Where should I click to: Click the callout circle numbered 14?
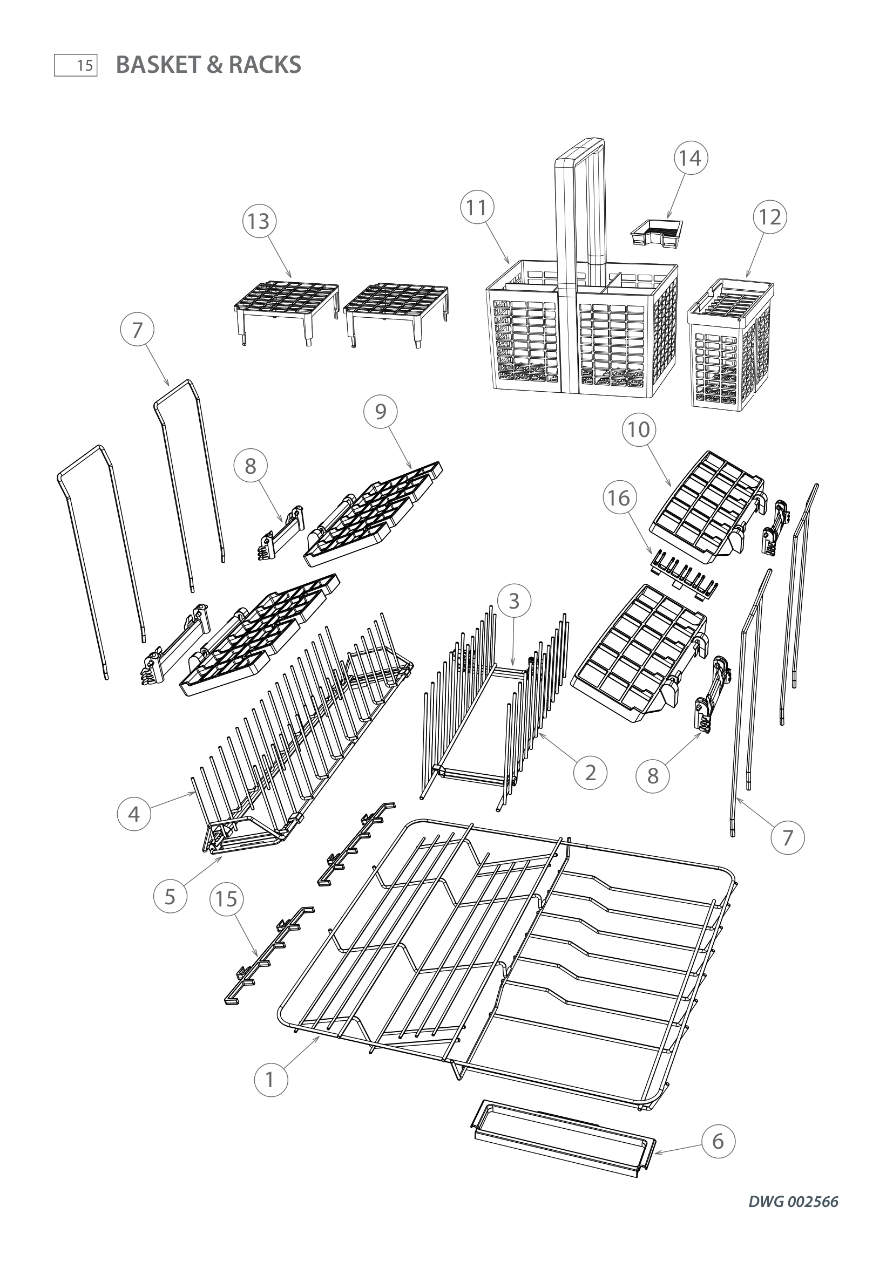coord(690,158)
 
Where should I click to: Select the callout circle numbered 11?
coord(477,208)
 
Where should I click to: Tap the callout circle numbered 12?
coord(770,217)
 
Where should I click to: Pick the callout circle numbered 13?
coord(259,221)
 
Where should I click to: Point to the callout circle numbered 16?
coord(620,498)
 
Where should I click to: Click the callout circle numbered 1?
coord(270,1080)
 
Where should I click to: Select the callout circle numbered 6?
coord(718,1142)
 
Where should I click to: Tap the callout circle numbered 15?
coord(227,899)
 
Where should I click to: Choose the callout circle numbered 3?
coord(514,601)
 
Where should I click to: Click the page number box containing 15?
coord(76,65)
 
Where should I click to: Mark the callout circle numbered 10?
coord(639,429)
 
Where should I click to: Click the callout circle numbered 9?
coord(381,411)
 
